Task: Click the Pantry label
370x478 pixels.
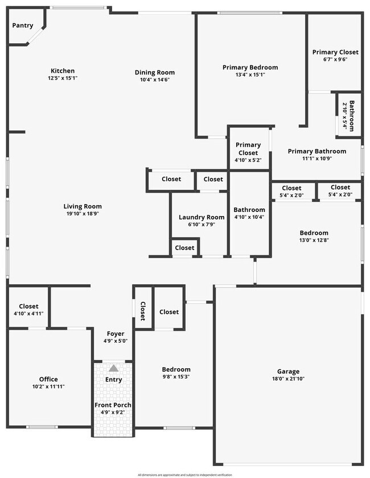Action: pos(23,26)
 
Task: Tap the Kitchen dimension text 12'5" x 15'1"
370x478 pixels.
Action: pos(63,78)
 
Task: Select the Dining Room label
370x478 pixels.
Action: pos(154,72)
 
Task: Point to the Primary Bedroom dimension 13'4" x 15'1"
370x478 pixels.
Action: pos(250,74)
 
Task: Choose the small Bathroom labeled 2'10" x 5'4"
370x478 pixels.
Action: pos(348,116)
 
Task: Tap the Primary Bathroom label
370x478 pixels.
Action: pos(316,151)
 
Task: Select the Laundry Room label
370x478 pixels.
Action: pos(202,217)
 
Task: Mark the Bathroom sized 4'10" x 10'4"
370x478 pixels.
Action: pos(249,213)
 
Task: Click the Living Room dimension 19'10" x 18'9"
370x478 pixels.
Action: pos(83,214)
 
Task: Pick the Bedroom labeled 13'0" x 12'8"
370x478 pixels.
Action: pos(314,236)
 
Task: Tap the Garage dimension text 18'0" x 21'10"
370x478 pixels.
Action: pos(288,379)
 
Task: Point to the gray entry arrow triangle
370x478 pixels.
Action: pos(113,368)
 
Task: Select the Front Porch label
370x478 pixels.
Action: pos(113,405)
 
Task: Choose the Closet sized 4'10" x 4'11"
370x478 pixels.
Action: pos(28,310)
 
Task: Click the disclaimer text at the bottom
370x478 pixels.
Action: pos(184,475)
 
